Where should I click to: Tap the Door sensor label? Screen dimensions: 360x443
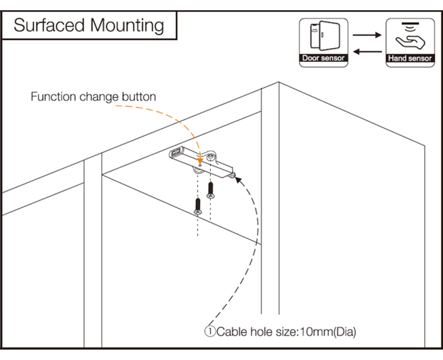[323, 59]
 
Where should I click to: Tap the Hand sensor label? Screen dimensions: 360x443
[411, 59]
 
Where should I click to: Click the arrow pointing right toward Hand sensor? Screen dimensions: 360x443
[367, 35]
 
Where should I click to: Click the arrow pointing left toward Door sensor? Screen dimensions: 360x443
[367, 52]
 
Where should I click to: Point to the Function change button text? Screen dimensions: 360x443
[93, 96]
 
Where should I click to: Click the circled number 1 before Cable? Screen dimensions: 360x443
[210, 332]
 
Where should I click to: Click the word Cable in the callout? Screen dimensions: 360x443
[231, 332]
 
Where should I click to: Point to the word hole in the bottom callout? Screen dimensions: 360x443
[260, 332]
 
